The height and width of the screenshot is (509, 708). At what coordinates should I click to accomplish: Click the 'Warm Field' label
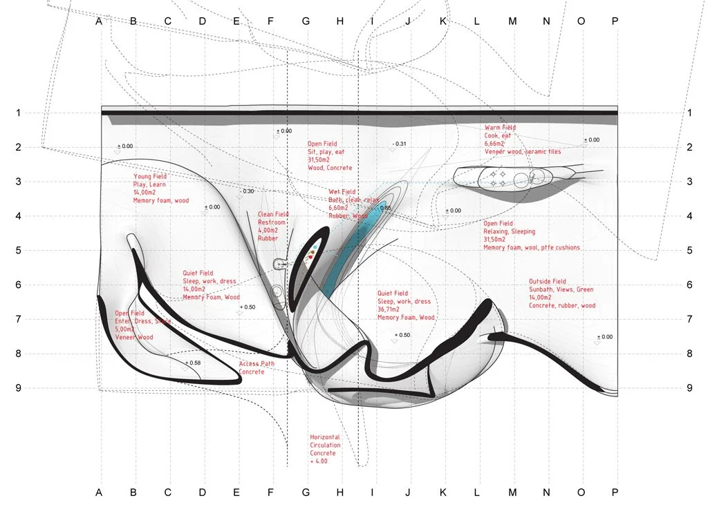click(x=500, y=128)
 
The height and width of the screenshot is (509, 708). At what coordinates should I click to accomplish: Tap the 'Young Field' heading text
click(x=150, y=177)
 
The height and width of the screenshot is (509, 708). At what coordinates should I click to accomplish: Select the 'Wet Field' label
click(x=342, y=192)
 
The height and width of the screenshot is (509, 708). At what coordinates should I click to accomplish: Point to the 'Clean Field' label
click(x=272, y=215)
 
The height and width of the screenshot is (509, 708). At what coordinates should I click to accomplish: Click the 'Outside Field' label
click(x=547, y=282)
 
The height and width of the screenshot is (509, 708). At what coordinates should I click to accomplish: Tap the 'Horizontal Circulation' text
click(x=325, y=442)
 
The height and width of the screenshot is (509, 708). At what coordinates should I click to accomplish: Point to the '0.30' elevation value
click(x=248, y=191)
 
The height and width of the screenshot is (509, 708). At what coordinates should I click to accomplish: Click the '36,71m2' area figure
click(x=391, y=310)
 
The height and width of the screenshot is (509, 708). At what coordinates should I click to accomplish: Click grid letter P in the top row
click(x=615, y=21)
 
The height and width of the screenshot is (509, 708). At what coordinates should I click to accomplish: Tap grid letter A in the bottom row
click(x=99, y=492)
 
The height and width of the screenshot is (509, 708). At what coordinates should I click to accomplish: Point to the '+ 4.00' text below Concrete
click(x=319, y=460)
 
